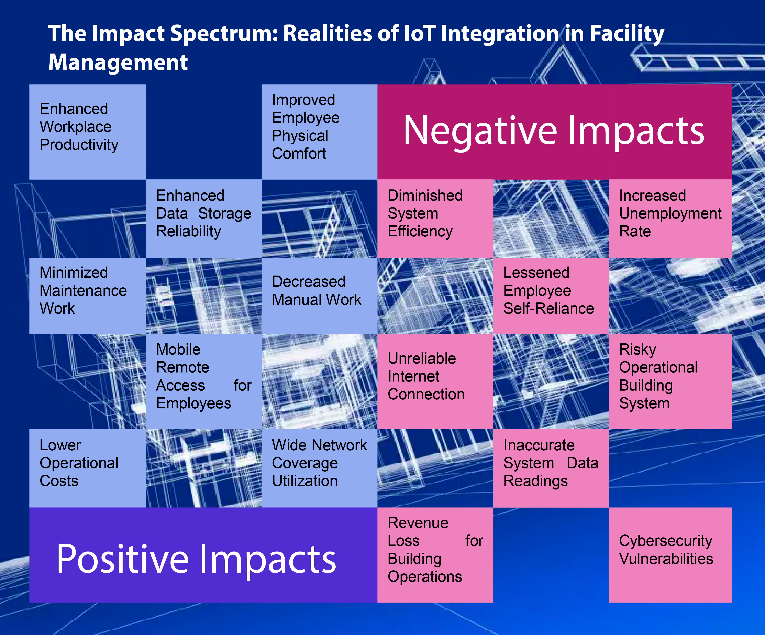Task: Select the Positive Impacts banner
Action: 203,555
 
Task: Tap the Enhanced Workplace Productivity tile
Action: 87,132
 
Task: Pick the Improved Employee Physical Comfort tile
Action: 319,132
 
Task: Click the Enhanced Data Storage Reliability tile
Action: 203,218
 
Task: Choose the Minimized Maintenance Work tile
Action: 87,296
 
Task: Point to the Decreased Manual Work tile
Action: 319,296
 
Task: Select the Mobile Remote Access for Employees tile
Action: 203,381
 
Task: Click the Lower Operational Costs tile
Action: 87,468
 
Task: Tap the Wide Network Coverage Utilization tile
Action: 319,468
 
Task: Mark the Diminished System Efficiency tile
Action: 435,218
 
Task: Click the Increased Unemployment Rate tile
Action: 670,218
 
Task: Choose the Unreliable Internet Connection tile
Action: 435,381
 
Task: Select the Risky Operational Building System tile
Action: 670,381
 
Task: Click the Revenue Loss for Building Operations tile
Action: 435,555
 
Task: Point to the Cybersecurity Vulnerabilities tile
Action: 670,555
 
